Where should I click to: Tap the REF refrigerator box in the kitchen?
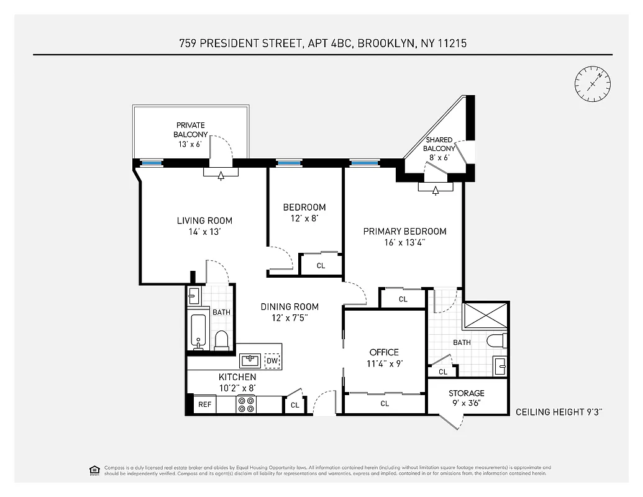click(x=204, y=404)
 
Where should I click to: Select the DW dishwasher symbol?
click(x=272, y=360)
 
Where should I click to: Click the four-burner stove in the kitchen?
click(x=246, y=404)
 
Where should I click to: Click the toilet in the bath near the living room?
click(x=221, y=339)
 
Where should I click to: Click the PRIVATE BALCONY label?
click(x=191, y=129)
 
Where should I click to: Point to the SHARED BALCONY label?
click(x=439, y=144)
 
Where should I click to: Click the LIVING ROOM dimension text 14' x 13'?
click(x=204, y=232)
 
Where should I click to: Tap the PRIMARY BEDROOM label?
click(x=404, y=231)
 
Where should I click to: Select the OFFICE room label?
click(x=384, y=352)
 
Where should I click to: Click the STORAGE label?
click(x=467, y=393)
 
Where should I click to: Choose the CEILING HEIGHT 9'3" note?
click(x=560, y=412)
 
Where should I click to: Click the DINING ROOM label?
click(x=290, y=306)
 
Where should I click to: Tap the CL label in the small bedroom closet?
click(x=321, y=266)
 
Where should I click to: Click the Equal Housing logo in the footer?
click(x=94, y=470)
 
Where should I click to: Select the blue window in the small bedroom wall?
click(x=289, y=163)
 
